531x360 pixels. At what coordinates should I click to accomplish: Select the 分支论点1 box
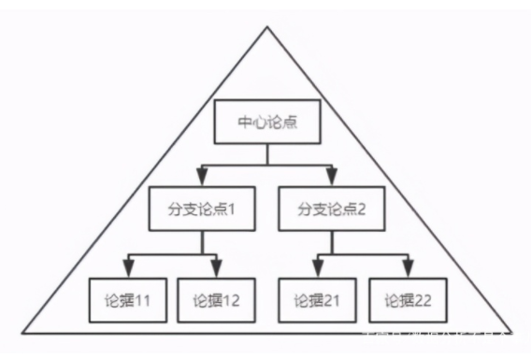(194, 209)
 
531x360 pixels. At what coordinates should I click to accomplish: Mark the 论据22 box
(409, 300)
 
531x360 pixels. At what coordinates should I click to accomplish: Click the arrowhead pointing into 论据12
(217, 268)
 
